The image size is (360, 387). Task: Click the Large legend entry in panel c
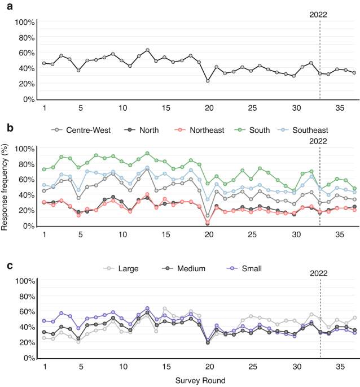129,269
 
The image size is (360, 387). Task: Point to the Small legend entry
247,269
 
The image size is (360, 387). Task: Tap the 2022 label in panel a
319,15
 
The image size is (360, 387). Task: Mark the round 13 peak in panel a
147,50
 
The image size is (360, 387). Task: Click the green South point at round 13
147,153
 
